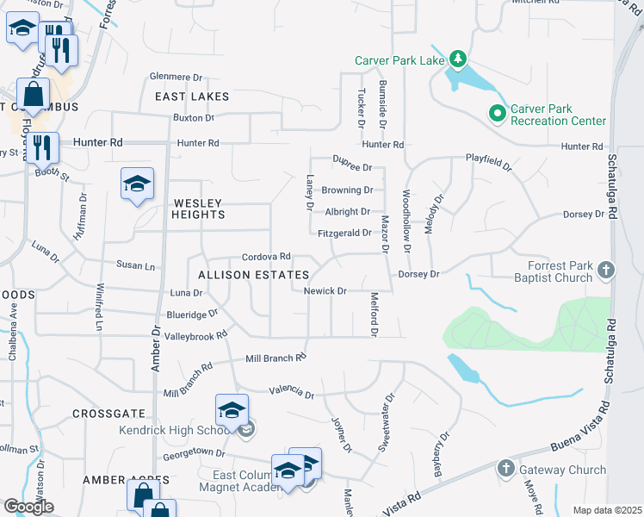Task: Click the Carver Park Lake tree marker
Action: pos(460,59)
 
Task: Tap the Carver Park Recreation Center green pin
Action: pos(497,113)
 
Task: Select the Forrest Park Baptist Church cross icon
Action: pos(606,270)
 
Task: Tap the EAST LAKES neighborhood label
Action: pos(192,97)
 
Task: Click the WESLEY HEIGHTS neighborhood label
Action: pos(197,209)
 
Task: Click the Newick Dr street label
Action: pos(325,291)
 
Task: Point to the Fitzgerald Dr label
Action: pos(344,233)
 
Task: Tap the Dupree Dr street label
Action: pos(353,167)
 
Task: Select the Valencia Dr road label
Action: pos(291,392)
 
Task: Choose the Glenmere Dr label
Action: pos(175,76)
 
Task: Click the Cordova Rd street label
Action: pos(266,257)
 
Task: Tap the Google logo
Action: pos(28,507)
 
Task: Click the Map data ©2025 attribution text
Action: pos(607,510)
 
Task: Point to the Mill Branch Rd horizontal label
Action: pos(276,358)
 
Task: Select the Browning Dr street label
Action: pos(347,190)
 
